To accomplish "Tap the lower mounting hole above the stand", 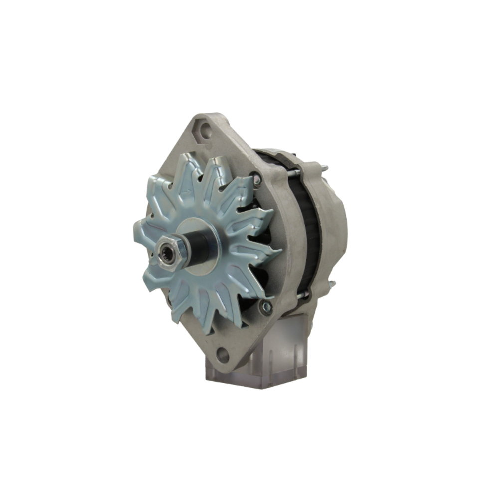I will [x=223, y=355].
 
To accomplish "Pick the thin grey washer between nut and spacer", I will [x=184, y=249].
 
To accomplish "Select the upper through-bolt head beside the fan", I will [x=256, y=176].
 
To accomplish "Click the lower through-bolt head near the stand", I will [x=266, y=306].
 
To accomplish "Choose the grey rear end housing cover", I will [x=332, y=225].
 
